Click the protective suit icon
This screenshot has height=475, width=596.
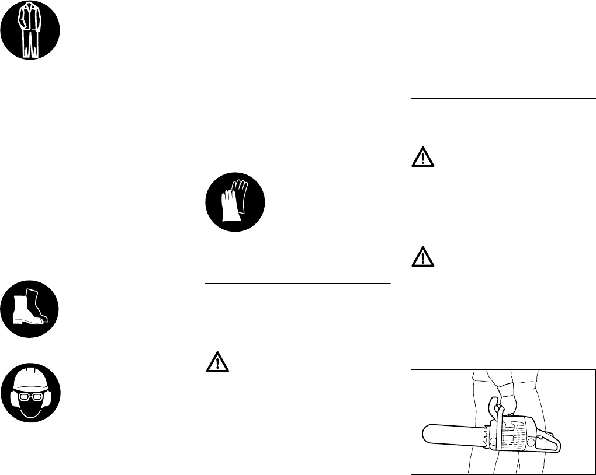[30, 30]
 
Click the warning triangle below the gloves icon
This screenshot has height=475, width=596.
[217, 363]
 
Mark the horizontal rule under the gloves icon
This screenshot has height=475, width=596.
[297, 284]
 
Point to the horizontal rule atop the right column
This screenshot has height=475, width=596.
[503, 99]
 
